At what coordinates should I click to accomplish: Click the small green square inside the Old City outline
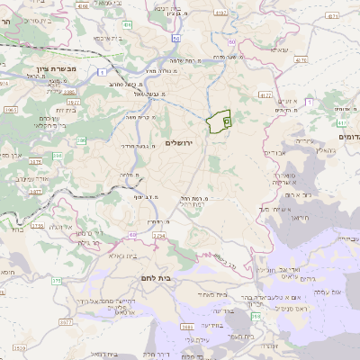pos(226,119)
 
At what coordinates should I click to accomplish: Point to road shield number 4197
pos(221,12)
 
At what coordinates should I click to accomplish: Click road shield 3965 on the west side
pos(10,109)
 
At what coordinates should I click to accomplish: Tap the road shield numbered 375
pos(56,281)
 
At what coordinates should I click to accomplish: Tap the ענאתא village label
pos(276,50)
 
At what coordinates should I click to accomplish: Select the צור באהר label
pos(205,203)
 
